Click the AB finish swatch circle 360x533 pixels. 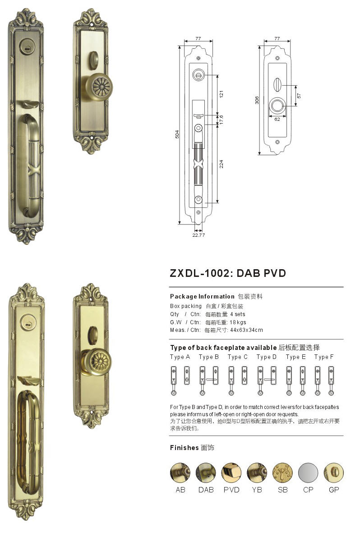pos(180,473)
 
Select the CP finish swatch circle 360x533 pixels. pos(308,473)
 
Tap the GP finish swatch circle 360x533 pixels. pos(333,473)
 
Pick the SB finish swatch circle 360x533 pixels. pos(282,473)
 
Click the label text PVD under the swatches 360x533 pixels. pos(231,490)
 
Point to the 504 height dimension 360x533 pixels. pos(177,134)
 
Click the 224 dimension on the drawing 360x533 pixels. pos(222,164)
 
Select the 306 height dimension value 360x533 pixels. pos(257,100)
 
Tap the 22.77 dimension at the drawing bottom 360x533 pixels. pos(198,235)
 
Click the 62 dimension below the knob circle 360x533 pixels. pos(277,119)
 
